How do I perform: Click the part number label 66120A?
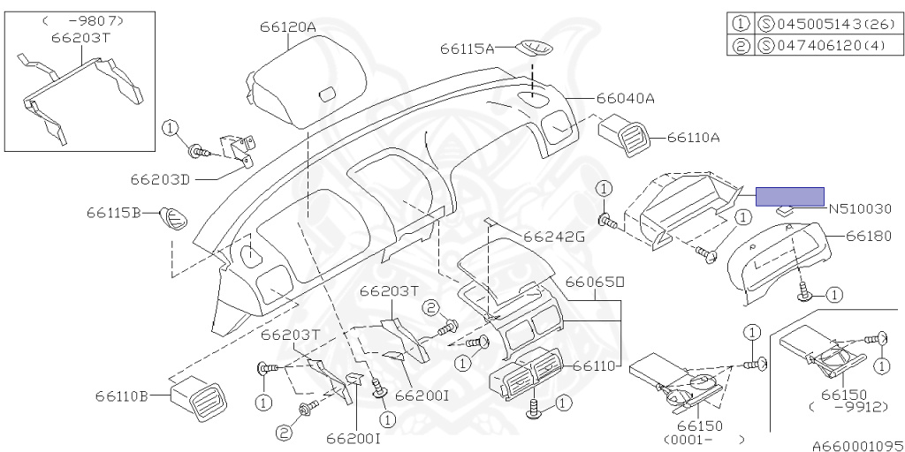[x=287, y=27]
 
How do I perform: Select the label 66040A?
[x=625, y=99]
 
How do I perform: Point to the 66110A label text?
[x=693, y=138]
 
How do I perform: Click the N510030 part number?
[x=860, y=209]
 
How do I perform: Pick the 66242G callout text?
[x=554, y=237]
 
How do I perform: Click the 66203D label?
[x=160, y=179]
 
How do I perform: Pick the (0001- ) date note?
[x=698, y=439]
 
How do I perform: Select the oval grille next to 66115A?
[x=534, y=43]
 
